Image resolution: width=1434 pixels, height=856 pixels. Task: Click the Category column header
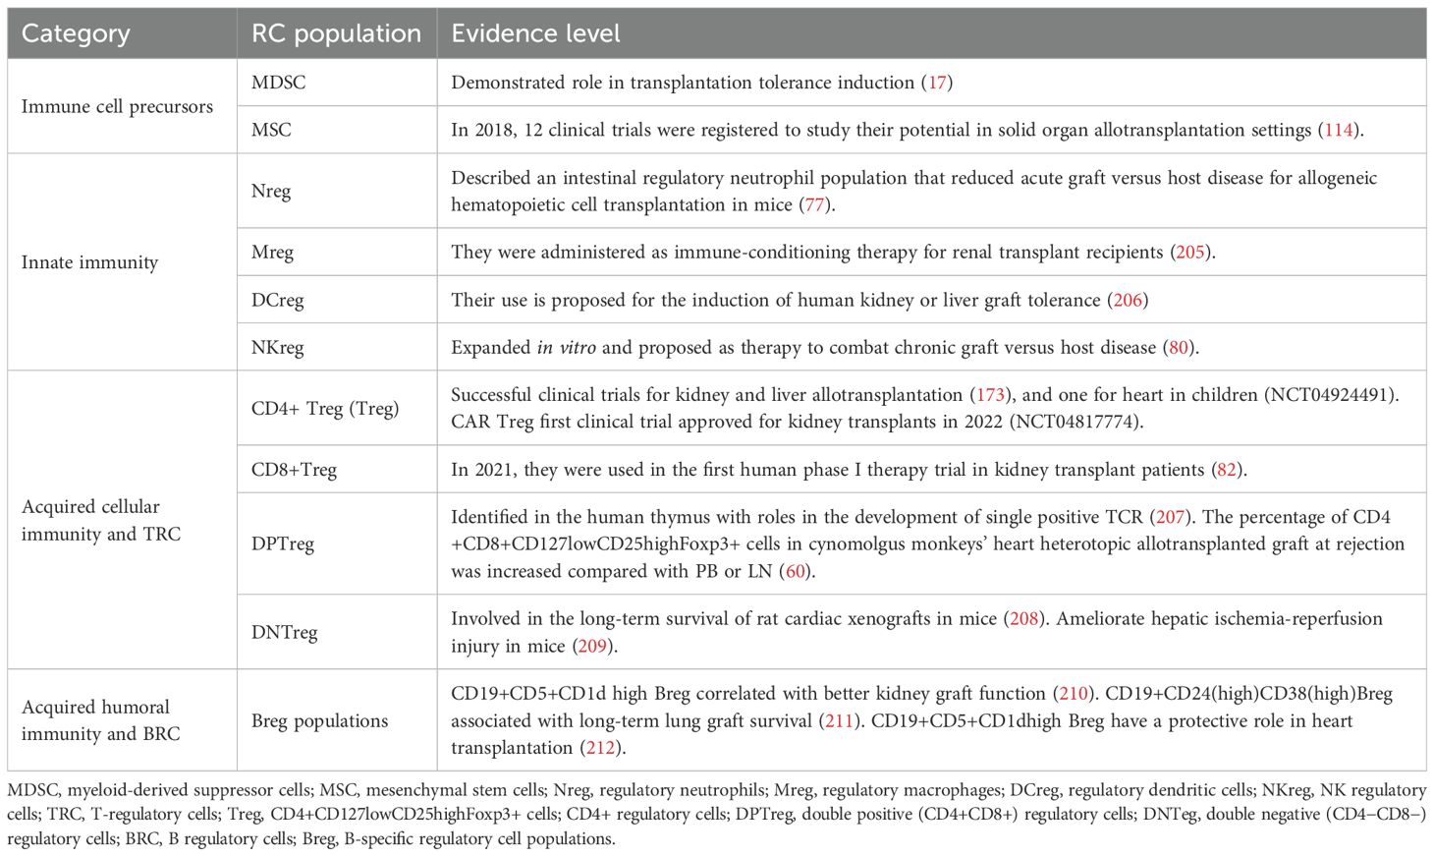pyautogui.click(x=76, y=33)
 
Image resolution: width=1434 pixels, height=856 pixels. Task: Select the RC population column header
pyautogui.click(x=336, y=33)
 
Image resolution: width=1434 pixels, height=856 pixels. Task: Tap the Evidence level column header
pyautogui.click(x=535, y=33)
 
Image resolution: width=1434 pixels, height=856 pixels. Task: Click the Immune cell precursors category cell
pyautogui.click(x=117, y=106)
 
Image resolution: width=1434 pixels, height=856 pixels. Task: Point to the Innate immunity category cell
pyautogui.click(x=89, y=262)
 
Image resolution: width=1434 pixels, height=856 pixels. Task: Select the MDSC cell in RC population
pyautogui.click(x=278, y=83)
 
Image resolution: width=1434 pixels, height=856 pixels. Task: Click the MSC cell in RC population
pyautogui.click(x=271, y=130)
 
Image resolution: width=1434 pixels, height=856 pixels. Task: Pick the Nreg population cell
pyautogui.click(x=271, y=191)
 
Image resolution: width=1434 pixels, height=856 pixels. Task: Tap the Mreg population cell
pyautogui.click(x=272, y=253)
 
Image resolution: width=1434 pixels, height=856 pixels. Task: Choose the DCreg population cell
pyautogui.click(x=277, y=300)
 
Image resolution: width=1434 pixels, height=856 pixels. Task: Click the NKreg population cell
pyautogui.click(x=277, y=347)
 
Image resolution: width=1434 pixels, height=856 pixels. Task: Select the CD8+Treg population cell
pyautogui.click(x=294, y=470)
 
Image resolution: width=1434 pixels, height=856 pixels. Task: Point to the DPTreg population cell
pyautogui.click(x=283, y=543)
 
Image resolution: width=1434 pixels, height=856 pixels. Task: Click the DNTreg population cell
pyautogui.click(x=284, y=632)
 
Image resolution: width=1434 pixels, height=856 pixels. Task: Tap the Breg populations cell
pyautogui.click(x=319, y=720)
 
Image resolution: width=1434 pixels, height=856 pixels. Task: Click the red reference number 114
pyautogui.click(x=1339, y=130)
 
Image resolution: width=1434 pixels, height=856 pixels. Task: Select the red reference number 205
pyautogui.click(x=1190, y=253)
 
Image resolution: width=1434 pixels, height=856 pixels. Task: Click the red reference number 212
pyautogui.click(x=600, y=748)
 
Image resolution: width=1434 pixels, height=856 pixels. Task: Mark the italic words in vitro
pyautogui.click(x=566, y=347)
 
